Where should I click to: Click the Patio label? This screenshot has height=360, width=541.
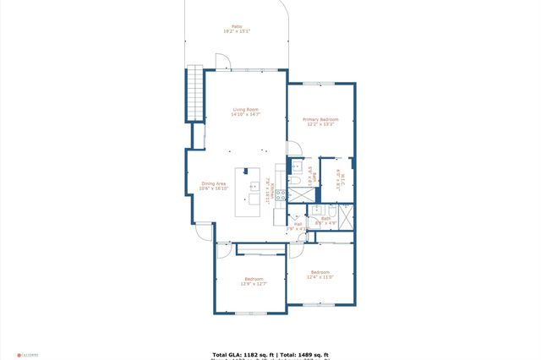237,29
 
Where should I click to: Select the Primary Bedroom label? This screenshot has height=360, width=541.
320,122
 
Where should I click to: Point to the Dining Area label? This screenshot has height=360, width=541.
214,186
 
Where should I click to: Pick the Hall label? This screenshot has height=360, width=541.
298,226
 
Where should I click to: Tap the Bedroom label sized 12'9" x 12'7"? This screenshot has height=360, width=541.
254,281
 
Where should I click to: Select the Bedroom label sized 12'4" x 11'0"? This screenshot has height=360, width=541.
320,275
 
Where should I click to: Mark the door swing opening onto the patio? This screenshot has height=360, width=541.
222,61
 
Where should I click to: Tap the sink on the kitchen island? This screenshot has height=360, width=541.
253,185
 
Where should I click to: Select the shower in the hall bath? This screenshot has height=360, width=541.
345,217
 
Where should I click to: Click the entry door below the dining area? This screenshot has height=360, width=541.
204,231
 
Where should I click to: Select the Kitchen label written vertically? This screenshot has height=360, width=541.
270,187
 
